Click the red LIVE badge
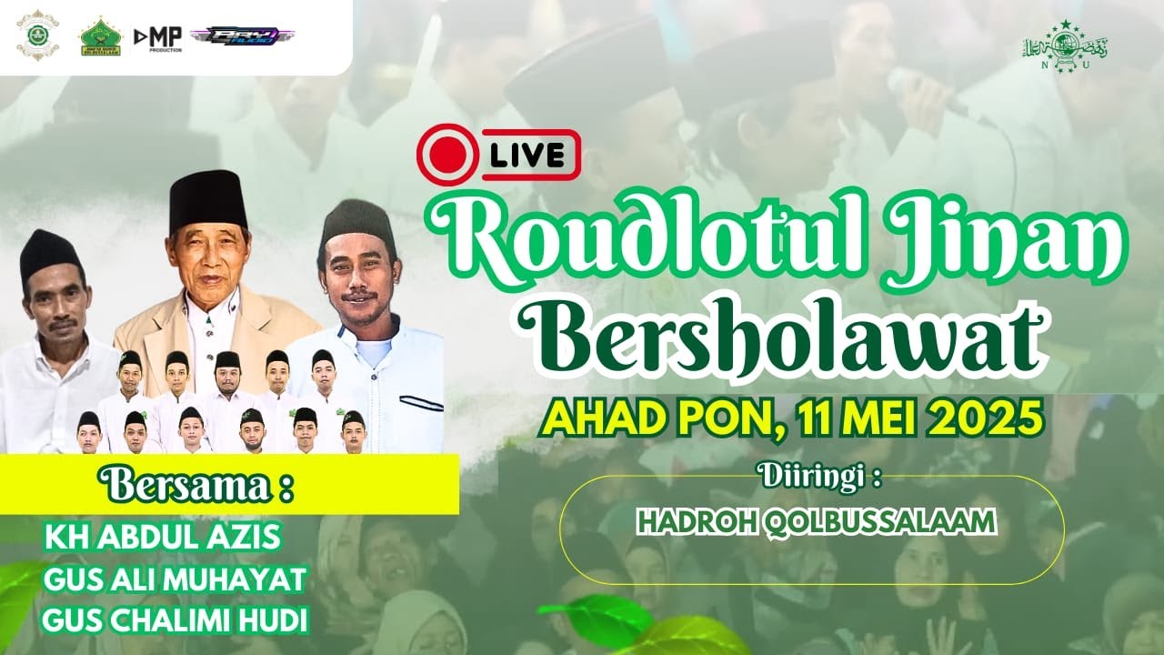[498, 155]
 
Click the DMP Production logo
[158, 37]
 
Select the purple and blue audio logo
[242, 36]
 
